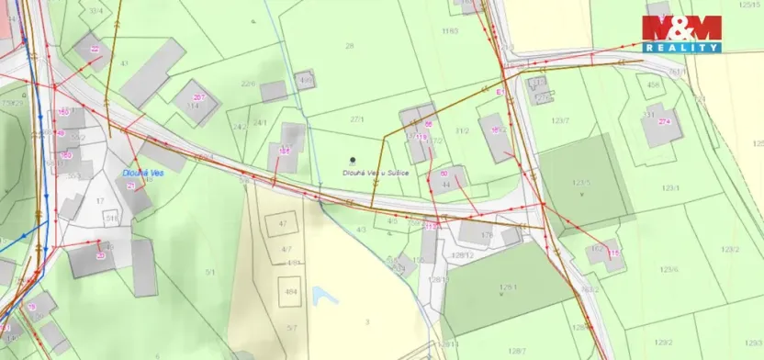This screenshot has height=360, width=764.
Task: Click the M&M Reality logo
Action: (680, 34)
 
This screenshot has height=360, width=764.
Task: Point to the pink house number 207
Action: (199, 97)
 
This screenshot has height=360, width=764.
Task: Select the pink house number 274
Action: (664, 122)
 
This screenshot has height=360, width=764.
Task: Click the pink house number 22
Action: (95, 49)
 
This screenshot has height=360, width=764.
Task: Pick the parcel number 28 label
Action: (349, 46)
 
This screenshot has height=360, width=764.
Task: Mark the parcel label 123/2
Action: (731, 249)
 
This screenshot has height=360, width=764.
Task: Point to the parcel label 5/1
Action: (210, 272)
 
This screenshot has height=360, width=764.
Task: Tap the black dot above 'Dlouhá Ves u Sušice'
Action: (354, 160)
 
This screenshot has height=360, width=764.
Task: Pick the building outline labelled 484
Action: (291, 292)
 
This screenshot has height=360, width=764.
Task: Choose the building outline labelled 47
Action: (283, 224)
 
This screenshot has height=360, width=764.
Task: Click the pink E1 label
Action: (500, 93)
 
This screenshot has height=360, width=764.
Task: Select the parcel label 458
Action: (654, 85)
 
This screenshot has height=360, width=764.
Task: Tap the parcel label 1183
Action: (449, 31)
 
